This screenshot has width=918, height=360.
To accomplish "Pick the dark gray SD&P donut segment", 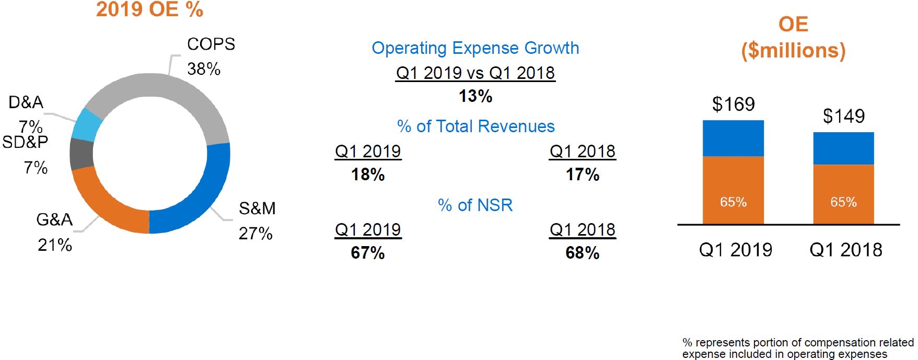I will (82, 154).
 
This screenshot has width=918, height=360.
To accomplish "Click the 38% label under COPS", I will (204, 69).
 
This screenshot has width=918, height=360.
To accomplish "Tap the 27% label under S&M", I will (255, 234).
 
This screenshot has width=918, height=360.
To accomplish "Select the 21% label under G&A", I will (55, 245).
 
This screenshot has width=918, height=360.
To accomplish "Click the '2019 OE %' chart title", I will (149, 10).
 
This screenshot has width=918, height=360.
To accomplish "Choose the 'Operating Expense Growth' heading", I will (475, 48).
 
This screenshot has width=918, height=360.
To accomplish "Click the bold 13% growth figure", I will (475, 96).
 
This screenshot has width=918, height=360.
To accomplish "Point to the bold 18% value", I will (368, 175).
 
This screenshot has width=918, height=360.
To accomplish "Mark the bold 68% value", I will (582, 253).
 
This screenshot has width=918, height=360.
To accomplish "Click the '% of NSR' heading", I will (475, 205).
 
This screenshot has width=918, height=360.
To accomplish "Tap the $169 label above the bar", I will (733, 104).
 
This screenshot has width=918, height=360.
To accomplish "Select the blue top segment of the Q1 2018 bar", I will (843, 148).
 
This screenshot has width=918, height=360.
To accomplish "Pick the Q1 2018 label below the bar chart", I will (845, 250).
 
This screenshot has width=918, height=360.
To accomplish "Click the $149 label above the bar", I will (843, 116).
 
